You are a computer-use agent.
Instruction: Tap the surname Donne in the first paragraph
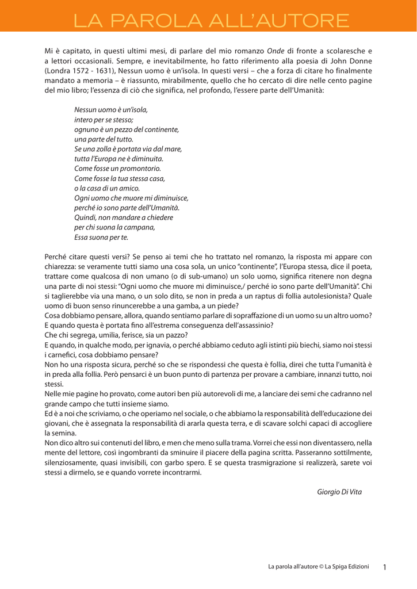(362, 62)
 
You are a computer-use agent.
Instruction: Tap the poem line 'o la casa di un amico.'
(107, 188)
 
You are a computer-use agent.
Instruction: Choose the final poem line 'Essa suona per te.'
(101, 236)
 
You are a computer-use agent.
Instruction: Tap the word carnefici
(60, 354)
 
